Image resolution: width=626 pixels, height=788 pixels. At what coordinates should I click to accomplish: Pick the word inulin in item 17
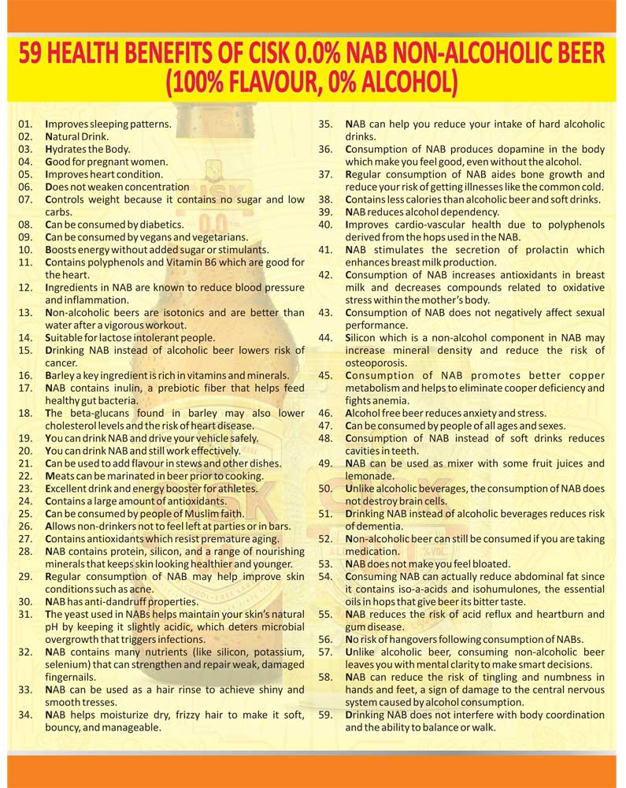point(121,388)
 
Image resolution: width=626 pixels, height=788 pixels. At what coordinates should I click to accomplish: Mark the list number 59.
point(325,715)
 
